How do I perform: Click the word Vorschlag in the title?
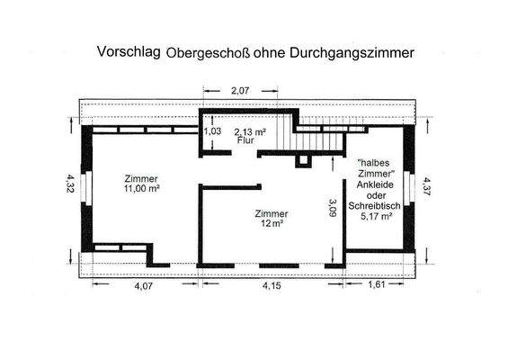129,52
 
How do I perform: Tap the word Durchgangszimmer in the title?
360,53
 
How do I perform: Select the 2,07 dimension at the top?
239,91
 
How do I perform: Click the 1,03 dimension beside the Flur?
213,131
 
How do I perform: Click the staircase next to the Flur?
283,131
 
